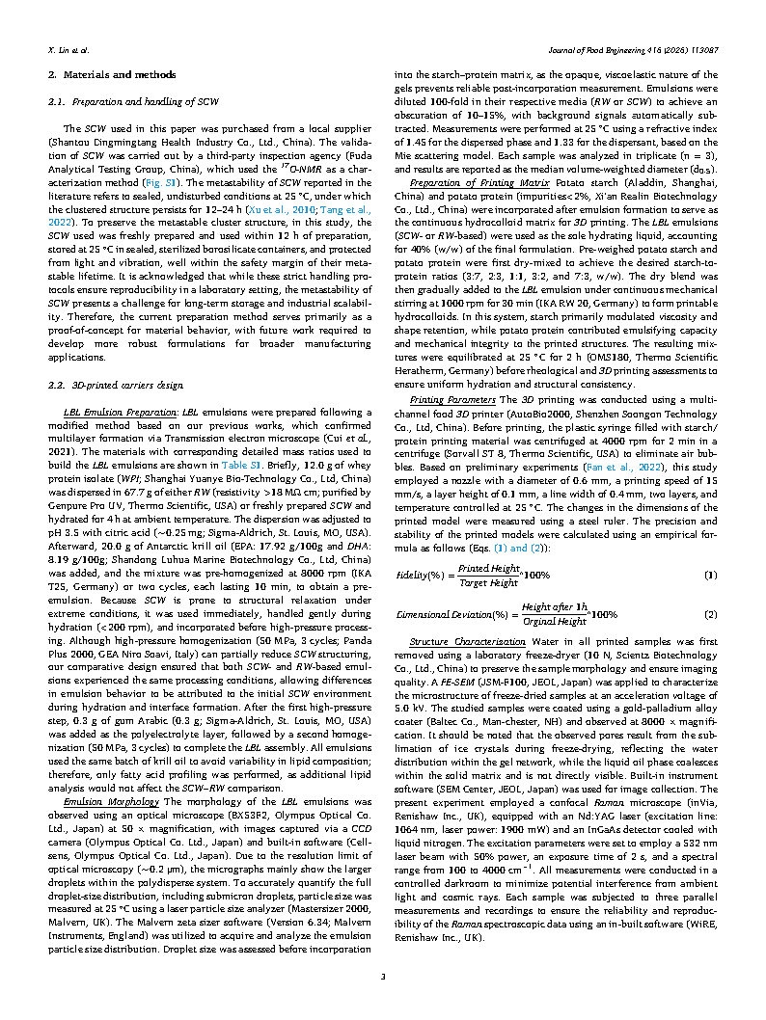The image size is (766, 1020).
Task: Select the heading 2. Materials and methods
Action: point(113,74)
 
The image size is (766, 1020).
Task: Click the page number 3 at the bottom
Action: point(383,980)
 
